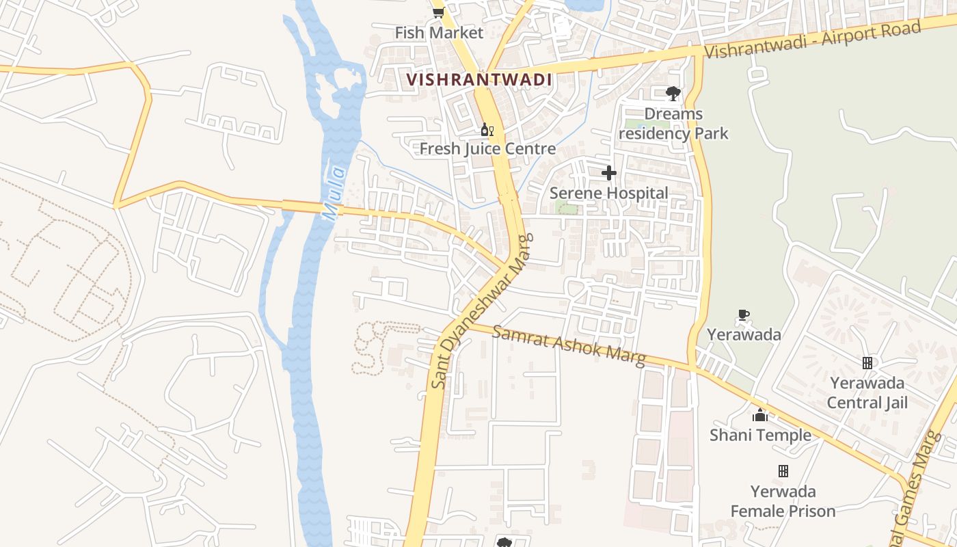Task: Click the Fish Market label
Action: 439,32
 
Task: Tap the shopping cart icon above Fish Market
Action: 438,12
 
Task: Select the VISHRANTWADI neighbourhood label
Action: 478,79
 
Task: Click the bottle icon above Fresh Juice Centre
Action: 486,129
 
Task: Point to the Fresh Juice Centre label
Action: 487,148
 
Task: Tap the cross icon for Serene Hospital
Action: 609,173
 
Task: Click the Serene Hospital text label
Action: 609,193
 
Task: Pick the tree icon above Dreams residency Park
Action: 673,94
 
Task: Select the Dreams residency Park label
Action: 673,123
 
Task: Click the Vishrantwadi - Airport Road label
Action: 813,40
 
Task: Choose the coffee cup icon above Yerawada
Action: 744,315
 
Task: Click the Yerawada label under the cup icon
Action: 744,334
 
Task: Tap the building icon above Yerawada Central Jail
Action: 867,363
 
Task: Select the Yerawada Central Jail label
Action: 867,392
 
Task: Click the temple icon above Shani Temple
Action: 760,415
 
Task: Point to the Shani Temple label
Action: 760,435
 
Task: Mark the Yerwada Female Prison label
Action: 783,501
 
